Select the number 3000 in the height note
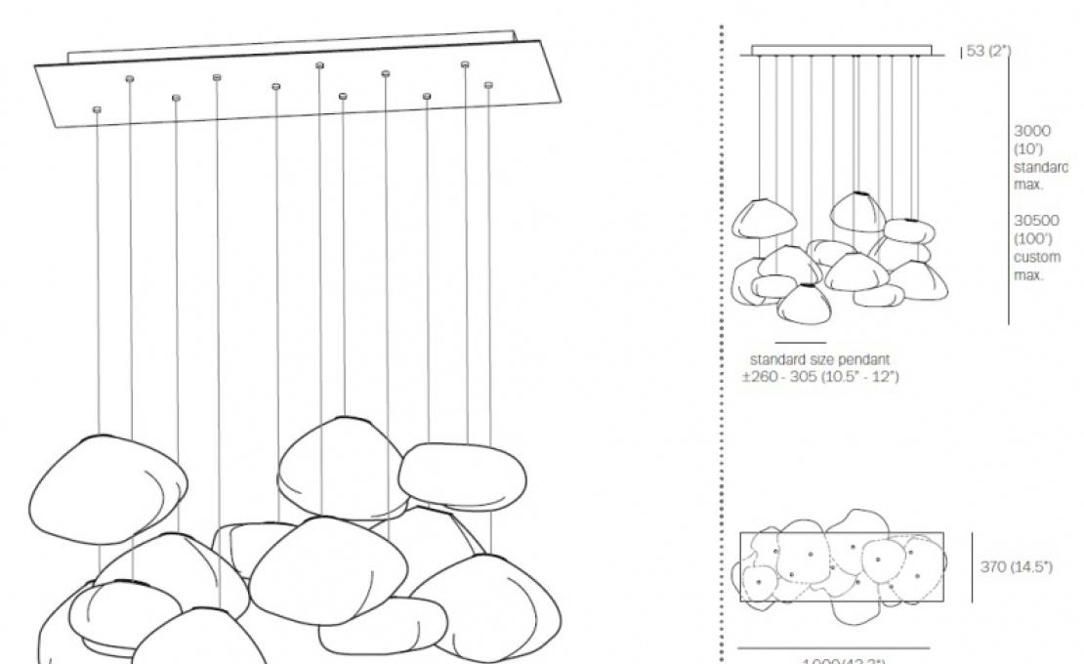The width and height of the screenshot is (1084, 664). coord(1032,131)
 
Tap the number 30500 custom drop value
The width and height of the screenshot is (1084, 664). coord(1035,221)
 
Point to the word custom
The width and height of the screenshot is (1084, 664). coord(1036,258)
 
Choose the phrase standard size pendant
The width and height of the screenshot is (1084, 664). coord(818,359)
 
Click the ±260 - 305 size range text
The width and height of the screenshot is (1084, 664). coord(820,377)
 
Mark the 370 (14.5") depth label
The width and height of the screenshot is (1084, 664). coord(1017,567)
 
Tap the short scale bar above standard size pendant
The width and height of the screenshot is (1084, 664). coord(800,343)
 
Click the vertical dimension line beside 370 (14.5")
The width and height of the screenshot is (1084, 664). coord(972,567)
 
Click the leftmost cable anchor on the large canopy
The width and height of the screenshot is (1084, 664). coord(97,109)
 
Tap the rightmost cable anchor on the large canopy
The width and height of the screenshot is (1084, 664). coord(489,86)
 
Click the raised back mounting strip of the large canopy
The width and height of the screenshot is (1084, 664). coord(293,44)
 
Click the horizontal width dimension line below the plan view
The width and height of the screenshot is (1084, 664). coord(833,647)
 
